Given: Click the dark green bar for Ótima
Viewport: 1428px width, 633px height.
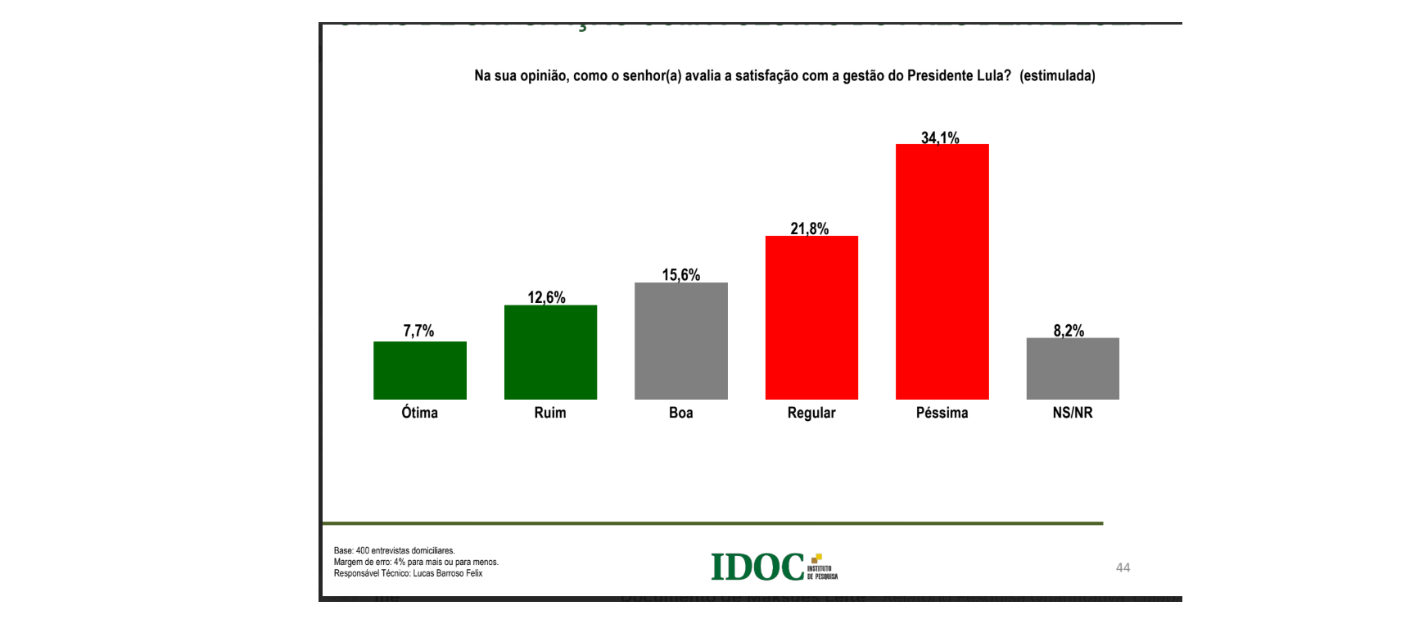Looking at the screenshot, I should (419, 370).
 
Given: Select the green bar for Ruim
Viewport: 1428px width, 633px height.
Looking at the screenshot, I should (550, 352).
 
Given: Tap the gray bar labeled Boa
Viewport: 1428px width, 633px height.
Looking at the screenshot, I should (680, 341).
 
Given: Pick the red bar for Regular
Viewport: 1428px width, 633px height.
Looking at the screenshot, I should (811, 318).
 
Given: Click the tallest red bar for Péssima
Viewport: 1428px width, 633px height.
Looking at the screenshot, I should (942, 272).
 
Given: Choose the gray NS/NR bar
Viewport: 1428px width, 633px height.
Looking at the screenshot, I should (1073, 368).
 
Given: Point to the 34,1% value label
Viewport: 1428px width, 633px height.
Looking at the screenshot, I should (940, 137).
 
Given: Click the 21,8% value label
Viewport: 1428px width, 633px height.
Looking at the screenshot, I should (809, 228).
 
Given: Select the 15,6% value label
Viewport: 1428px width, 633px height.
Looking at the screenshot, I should (680, 275).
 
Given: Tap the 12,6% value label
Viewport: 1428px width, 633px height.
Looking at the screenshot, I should (546, 297).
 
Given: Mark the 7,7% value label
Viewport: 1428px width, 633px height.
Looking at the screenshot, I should (418, 331).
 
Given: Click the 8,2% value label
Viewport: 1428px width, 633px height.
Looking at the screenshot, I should (1069, 331).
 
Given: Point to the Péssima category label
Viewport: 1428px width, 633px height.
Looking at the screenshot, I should (942, 413).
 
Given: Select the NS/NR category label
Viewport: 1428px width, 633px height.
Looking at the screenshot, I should (1073, 413).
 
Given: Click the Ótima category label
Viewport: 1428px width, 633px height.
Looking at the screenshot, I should (419, 413).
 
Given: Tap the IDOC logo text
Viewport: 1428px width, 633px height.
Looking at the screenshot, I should (757, 567).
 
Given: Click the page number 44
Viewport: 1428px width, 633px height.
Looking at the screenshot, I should (1123, 567).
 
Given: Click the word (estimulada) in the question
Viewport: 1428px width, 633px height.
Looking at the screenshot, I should (1057, 76).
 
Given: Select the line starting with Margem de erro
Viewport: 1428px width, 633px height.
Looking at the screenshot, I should (416, 562).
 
